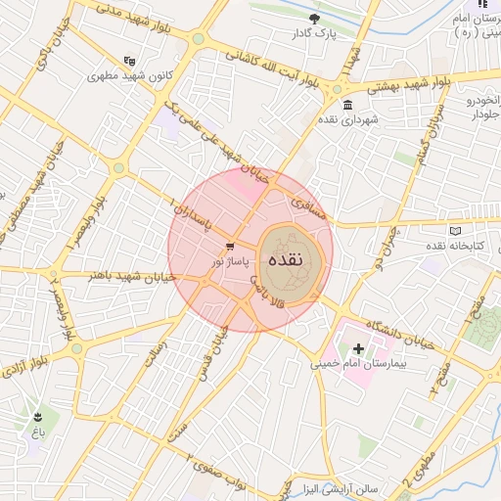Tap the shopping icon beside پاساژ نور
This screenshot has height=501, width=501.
tap(230, 247)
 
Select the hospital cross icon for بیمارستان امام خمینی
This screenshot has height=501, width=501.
tap(358, 348)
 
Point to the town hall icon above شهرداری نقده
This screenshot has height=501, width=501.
tap(347, 106)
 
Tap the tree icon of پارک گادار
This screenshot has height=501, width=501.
tap(313, 19)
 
